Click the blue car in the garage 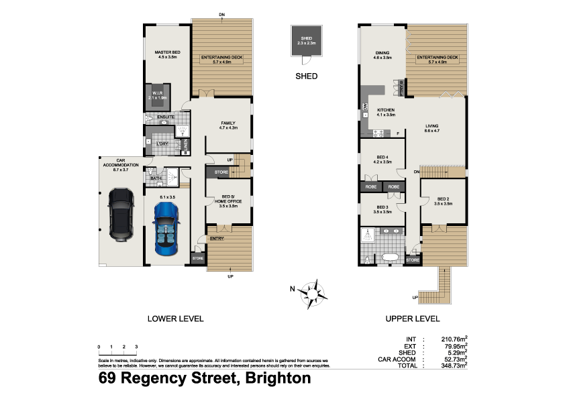(x=165, y=228)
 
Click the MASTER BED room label (x=167, y=55)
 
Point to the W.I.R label (x=158, y=95)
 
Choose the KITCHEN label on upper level (x=385, y=112)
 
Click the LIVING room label (x=431, y=127)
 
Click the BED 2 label (x=443, y=201)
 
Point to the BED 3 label (x=382, y=209)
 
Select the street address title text (x=205, y=378)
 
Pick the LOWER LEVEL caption (x=175, y=319)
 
